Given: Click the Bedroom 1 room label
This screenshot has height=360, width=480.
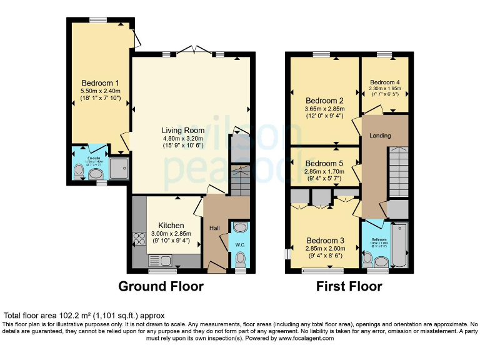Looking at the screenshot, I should pyautogui.click(x=100, y=82).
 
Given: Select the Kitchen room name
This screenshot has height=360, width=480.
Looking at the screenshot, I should pyautogui.click(x=171, y=226).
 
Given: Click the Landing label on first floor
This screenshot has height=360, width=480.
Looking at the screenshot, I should pyautogui.click(x=380, y=136).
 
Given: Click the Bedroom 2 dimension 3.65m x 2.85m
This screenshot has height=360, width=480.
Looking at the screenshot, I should pyautogui.click(x=324, y=109).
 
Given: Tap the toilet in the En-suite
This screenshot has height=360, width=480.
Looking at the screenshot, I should pyautogui.click(x=77, y=169).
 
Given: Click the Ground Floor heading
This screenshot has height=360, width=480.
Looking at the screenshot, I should pyautogui.click(x=161, y=287).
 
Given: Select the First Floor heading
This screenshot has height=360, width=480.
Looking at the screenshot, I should pyautogui.click(x=348, y=287).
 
